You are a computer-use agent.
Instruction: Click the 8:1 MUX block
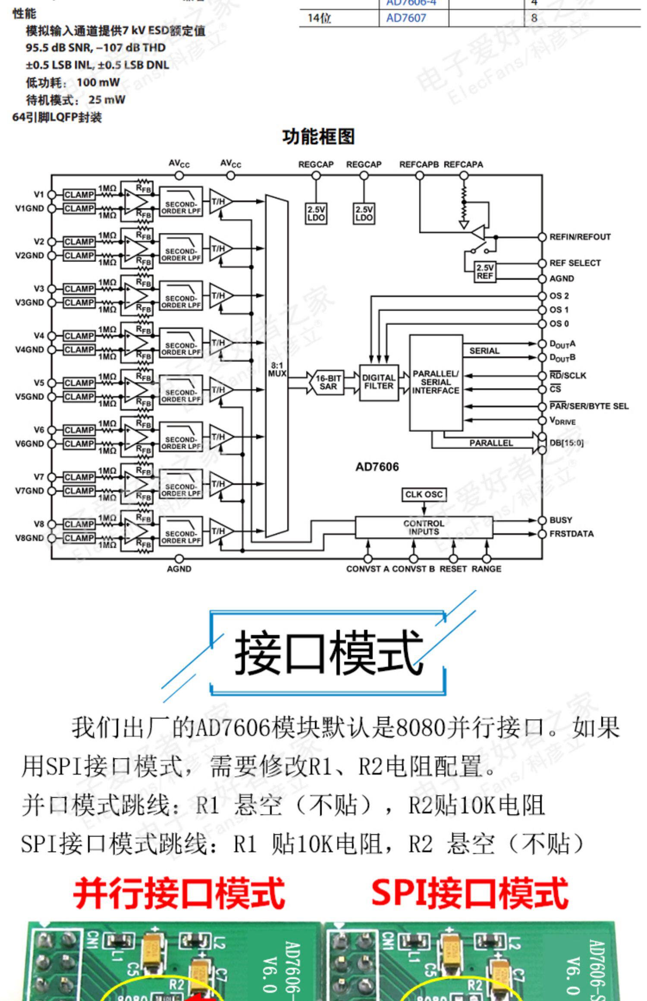(276, 366)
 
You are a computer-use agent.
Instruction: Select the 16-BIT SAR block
(328, 382)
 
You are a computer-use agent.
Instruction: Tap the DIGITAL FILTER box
(379, 382)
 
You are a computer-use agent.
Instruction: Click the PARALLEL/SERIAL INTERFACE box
(436, 382)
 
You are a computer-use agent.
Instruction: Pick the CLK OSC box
(424, 494)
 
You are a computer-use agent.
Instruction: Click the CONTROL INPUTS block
(424, 527)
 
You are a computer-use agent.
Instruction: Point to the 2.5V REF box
(485, 272)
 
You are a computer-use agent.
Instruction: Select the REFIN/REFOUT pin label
(580, 237)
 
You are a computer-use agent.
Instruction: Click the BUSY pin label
(561, 520)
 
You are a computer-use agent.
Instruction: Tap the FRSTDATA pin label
(571, 534)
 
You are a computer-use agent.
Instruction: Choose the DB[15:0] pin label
(566, 443)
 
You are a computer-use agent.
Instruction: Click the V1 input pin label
(39, 194)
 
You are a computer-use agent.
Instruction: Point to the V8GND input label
(29, 538)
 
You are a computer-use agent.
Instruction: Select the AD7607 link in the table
(406, 18)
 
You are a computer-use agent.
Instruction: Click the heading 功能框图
(318, 137)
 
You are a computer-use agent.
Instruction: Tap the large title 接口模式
(328, 652)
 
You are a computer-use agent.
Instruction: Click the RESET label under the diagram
(453, 569)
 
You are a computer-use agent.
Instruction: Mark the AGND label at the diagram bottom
(179, 569)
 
